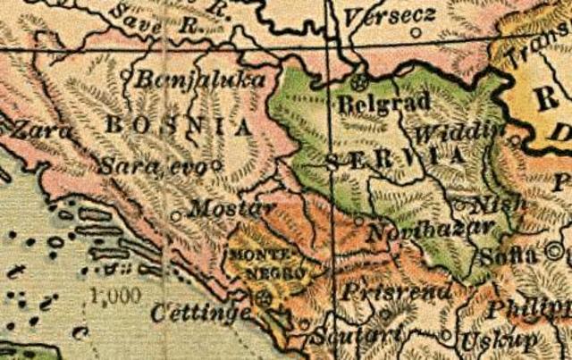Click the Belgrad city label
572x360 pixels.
click(384, 104)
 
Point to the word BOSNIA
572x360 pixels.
click(179, 126)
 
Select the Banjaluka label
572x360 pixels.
click(200, 80)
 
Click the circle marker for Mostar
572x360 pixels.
click(175, 215)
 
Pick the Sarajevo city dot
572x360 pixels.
click(216, 164)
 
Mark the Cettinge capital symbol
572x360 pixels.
click(262, 297)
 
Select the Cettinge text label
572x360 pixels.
click(201, 313)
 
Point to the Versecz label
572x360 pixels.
click(390, 15)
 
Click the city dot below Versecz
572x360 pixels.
click(416, 33)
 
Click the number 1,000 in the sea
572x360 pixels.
click(117, 296)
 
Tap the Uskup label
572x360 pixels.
click(499, 340)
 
